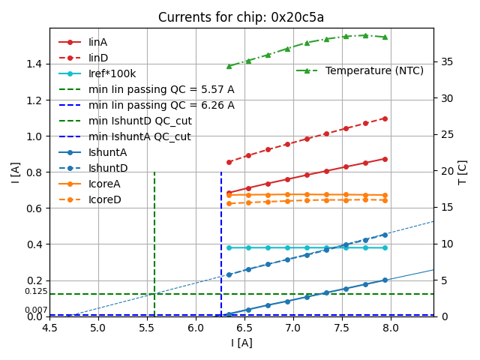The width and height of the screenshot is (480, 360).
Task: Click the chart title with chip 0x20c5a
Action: point(241,17)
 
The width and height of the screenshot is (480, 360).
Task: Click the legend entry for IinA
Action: point(98,43)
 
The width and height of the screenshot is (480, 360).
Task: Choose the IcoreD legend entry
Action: point(104,199)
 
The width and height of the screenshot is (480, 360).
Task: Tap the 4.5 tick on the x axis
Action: point(49,328)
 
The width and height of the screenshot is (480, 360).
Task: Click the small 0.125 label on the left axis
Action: point(35,292)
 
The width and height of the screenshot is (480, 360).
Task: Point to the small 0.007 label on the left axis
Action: point(35,310)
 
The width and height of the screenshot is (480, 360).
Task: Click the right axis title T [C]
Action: point(463,172)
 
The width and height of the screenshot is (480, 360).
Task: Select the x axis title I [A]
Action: point(241,343)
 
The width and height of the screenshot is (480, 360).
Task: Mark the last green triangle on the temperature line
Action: point(385,37)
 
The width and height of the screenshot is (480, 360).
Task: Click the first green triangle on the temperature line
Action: point(229,66)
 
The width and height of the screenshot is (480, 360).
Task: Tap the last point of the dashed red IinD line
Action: point(385,118)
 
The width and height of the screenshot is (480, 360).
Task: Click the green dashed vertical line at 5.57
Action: point(154,240)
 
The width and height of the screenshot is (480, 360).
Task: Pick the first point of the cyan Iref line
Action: point(229,247)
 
